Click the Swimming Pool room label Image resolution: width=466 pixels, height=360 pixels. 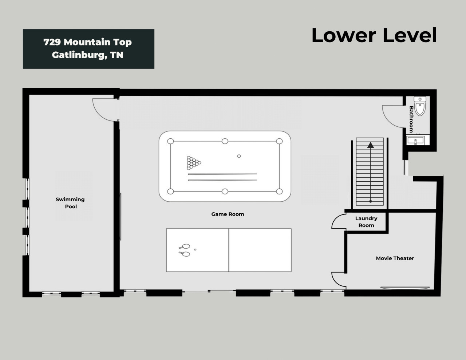pos(70,203)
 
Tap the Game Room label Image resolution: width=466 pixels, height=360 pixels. pos(228,214)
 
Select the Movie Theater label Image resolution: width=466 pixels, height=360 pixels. pos(395,258)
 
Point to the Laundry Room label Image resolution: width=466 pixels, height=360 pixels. pos(366,222)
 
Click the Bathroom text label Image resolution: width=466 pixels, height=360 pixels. pos(411,119)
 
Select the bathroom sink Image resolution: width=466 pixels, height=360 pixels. pos(415,141)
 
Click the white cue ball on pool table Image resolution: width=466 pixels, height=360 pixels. pos(239,156)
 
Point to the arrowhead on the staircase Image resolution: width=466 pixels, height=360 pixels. pos(370,145)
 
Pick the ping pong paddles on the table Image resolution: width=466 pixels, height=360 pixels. pos(185,249)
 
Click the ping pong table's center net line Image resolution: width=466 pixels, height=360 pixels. pos(229,250)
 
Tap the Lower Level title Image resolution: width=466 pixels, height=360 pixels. pos(374,35)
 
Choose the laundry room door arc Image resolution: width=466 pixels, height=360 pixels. pos(337,221)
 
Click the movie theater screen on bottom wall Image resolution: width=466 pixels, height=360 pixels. pos(405,288)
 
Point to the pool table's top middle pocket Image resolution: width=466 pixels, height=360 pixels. pos(225,141)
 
